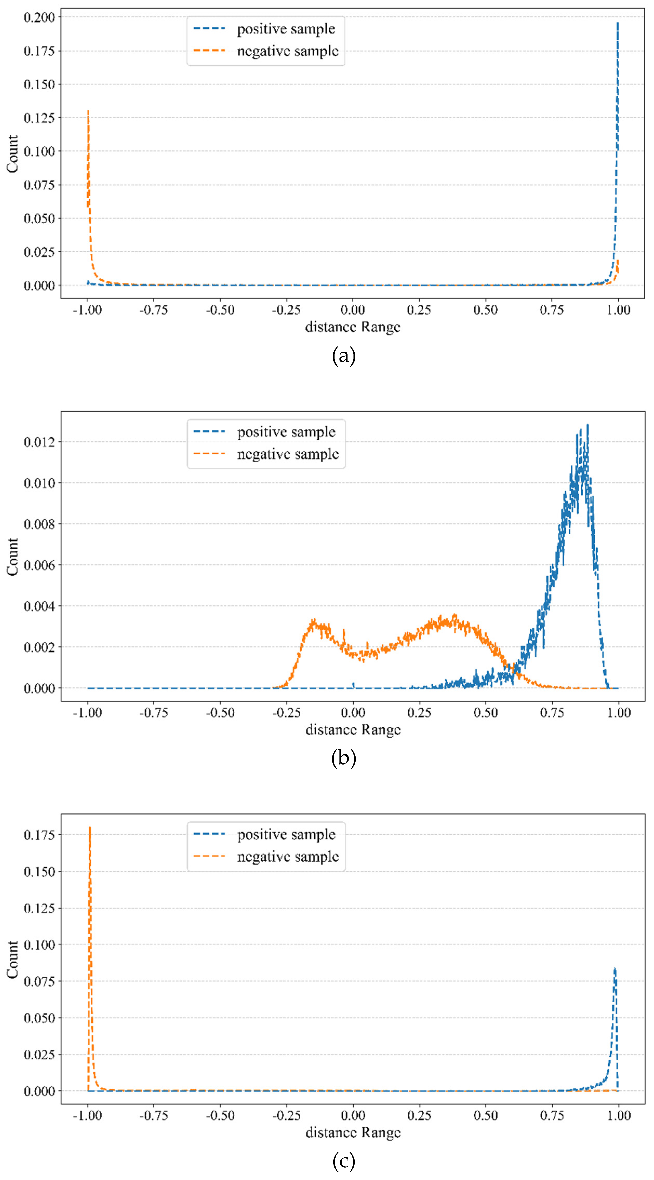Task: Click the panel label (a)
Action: tap(343, 356)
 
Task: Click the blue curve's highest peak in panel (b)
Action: tap(588, 425)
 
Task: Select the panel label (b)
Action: tap(343, 758)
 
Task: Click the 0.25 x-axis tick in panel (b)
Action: tap(419, 713)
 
